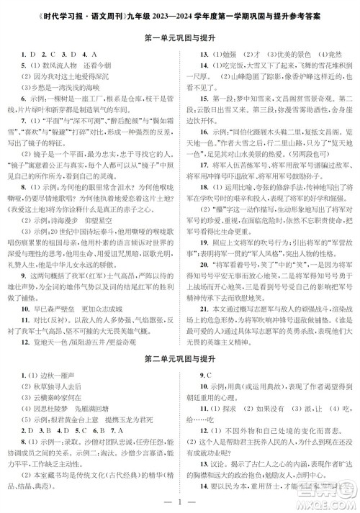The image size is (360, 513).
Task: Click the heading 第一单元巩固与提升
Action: [x=180, y=37]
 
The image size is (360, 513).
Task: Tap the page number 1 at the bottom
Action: [x=180, y=500]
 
